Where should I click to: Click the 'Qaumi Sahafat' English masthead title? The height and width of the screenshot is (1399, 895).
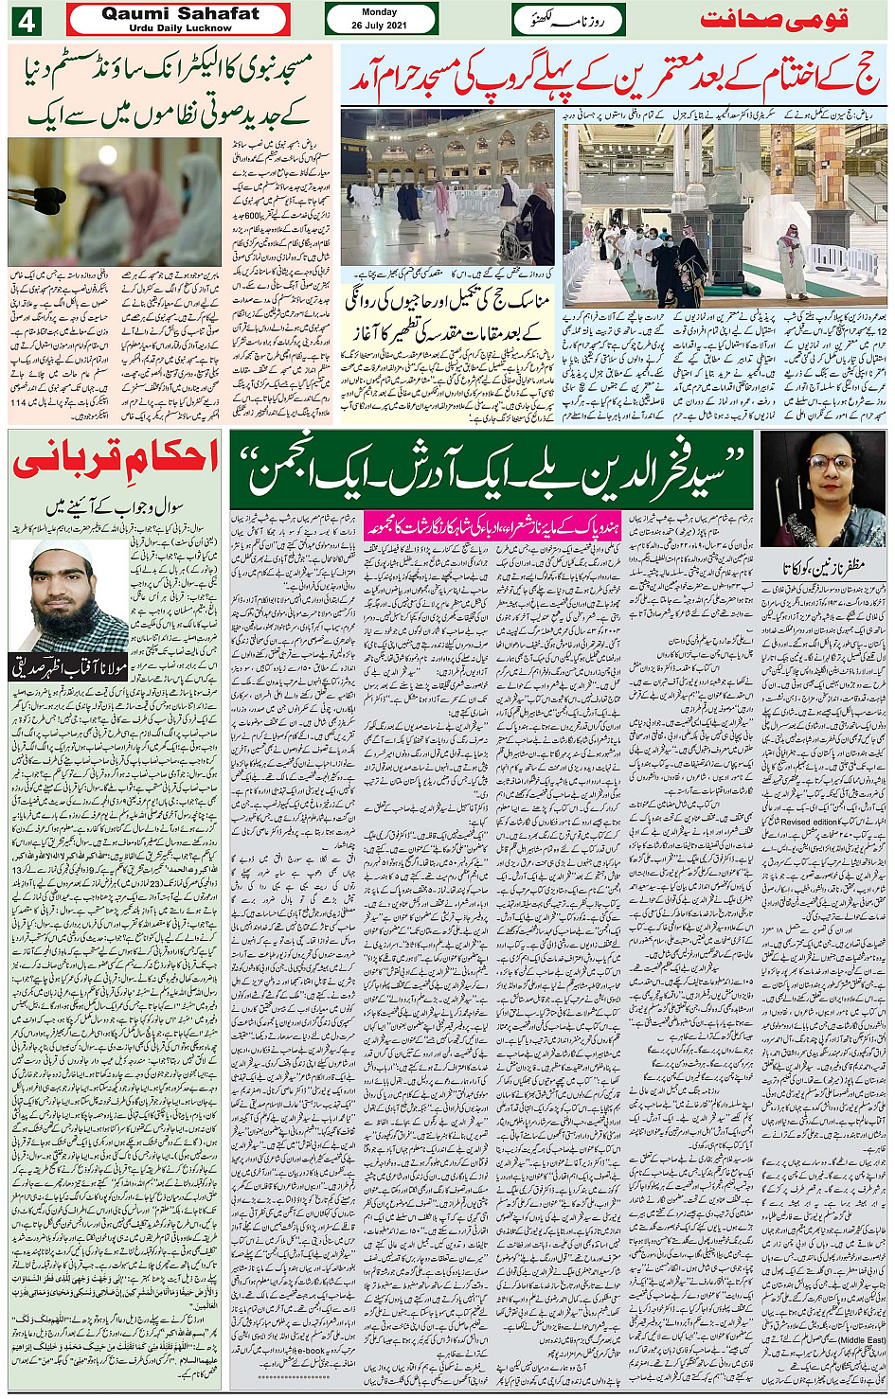pyautogui.click(x=180, y=13)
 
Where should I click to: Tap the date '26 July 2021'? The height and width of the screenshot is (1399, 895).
pyautogui.click(x=379, y=25)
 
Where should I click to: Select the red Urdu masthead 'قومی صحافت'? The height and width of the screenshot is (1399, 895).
pyautogui.click(x=775, y=20)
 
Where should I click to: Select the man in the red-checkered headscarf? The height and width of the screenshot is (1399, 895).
pyautogui.click(x=791, y=256)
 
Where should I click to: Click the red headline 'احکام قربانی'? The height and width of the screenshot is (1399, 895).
pyautogui.click(x=116, y=460)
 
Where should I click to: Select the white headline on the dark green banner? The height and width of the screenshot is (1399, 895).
pyautogui.click(x=492, y=470)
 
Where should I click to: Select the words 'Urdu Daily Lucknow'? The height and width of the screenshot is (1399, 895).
pyautogui.click(x=180, y=28)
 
